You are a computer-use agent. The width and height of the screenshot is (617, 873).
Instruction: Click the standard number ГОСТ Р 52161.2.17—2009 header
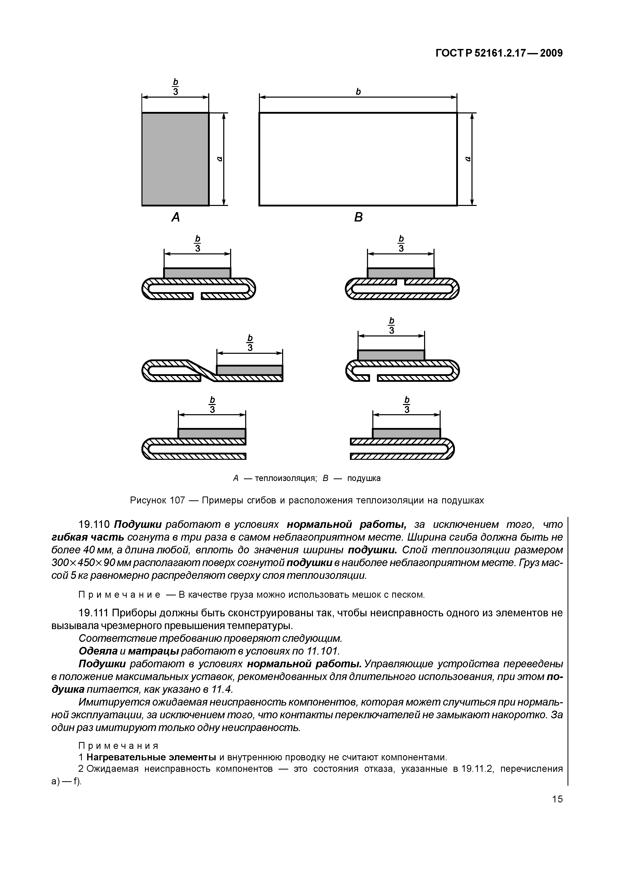pyautogui.click(x=498, y=53)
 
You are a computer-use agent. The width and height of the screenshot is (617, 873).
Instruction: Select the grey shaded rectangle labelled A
pyautogui.click(x=175, y=159)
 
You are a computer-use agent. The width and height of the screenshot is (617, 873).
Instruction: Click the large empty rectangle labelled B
pyautogui.click(x=358, y=159)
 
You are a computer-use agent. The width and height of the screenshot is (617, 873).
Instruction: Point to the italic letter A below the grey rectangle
pyautogui.click(x=175, y=217)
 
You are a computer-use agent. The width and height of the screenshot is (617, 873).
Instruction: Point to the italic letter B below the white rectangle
pyautogui.click(x=358, y=217)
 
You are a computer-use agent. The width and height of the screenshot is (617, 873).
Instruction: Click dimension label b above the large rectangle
pyautogui.click(x=358, y=92)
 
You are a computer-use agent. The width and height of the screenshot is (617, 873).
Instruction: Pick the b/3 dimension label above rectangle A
pyautogui.click(x=176, y=87)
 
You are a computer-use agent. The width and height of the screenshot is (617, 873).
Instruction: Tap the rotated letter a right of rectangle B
pyautogui.click(x=468, y=159)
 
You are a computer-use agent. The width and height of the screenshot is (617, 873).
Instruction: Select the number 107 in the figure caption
pyautogui.click(x=177, y=500)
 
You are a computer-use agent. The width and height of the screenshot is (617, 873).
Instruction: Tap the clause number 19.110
pyautogui.click(x=94, y=525)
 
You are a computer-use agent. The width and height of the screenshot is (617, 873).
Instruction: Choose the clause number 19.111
pyautogui.click(x=94, y=613)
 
